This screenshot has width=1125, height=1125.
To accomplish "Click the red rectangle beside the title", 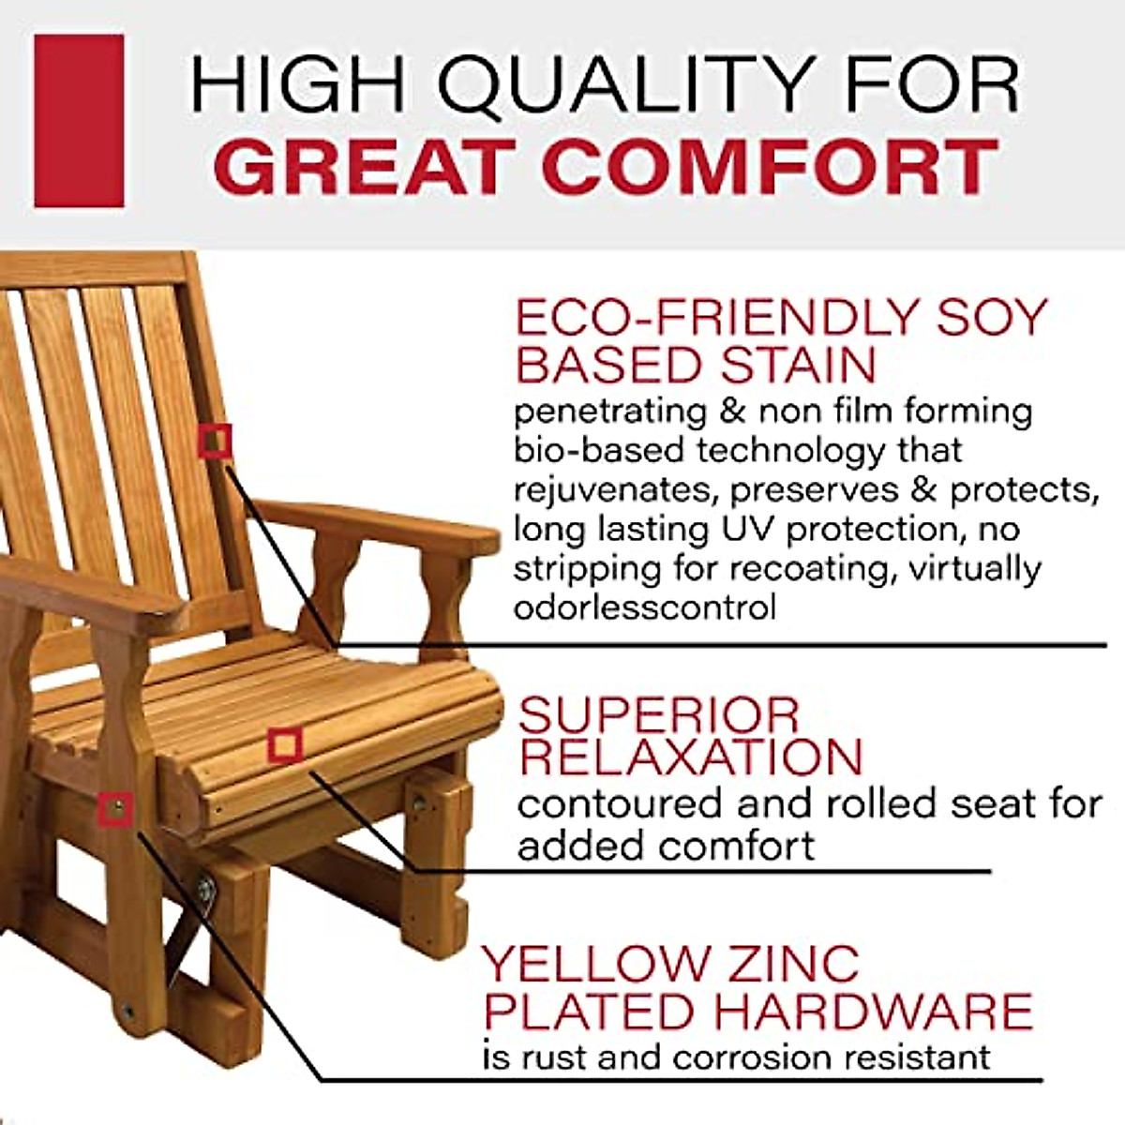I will coord(79,120).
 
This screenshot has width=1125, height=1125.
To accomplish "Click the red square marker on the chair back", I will coord(216,441).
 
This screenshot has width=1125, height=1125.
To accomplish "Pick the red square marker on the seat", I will coord(284,745).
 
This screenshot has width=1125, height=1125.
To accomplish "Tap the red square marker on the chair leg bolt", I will coord(117,808).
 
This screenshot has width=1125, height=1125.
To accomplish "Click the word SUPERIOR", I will coord(659,716).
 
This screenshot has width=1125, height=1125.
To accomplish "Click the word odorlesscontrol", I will coord(645,607).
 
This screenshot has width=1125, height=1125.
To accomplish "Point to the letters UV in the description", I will coord(749,529).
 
